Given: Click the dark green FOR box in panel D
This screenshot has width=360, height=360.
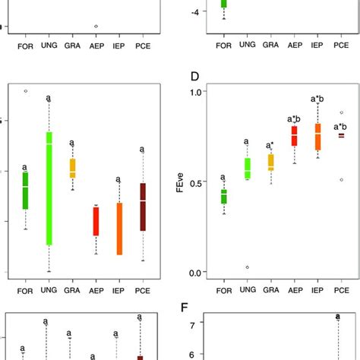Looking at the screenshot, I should (223, 197).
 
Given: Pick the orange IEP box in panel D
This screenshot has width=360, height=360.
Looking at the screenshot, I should (317, 137).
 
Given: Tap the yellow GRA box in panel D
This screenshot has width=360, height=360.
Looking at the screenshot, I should (270, 163).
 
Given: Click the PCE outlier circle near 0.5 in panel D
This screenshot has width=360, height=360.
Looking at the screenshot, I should (341, 180).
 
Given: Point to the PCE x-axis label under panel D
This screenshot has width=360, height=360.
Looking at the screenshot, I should (341, 291).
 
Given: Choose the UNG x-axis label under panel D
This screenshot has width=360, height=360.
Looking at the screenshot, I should (247, 291).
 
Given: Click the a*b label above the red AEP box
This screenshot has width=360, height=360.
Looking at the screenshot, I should (294, 118).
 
